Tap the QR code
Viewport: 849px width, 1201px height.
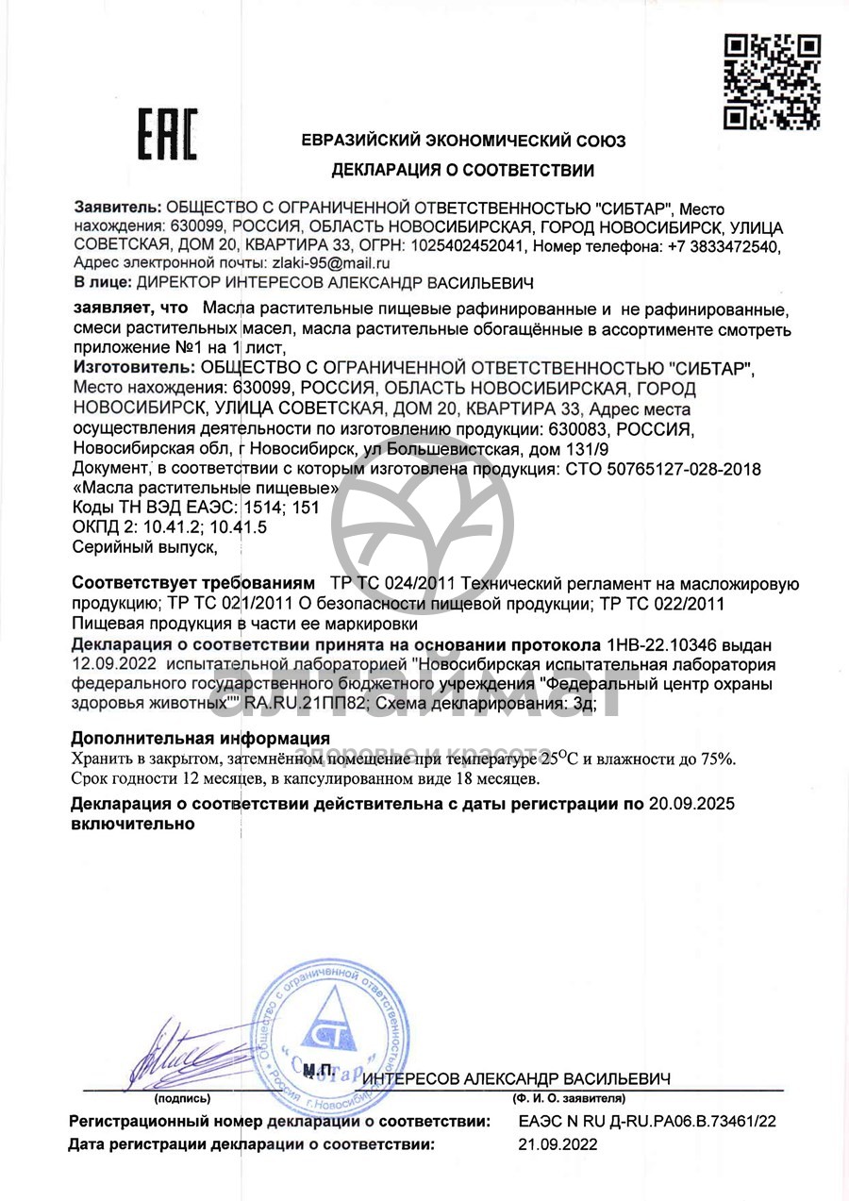click(772, 81)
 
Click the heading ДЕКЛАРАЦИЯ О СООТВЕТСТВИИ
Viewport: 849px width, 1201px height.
click(462, 171)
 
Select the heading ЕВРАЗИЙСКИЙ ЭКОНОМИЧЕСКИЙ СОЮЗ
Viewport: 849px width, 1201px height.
click(463, 142)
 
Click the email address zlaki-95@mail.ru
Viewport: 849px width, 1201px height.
click(330, 264)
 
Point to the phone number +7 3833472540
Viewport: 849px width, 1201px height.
click(725, 246)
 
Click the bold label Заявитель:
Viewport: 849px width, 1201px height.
click(117, 209)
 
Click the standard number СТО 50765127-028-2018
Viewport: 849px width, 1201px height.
click(660, 469)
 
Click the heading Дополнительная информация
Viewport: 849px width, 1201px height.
click(200, 738)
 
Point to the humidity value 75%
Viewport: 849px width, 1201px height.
click(719, 759)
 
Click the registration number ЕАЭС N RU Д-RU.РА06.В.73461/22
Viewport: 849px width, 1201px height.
click(647, 1121)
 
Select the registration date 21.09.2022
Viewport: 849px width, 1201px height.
click(558, 1144)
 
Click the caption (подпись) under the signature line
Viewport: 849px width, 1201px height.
click(175, 1099)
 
